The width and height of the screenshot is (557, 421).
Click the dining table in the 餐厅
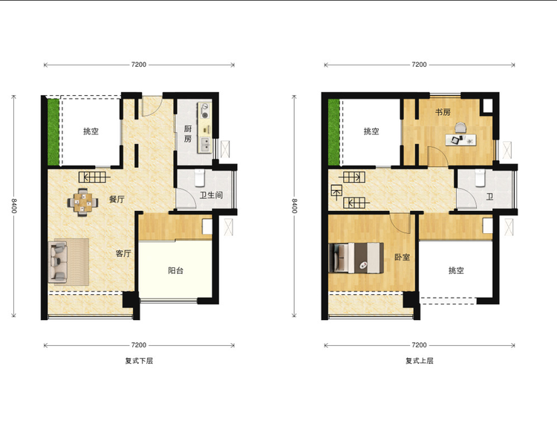(x=82, y=202)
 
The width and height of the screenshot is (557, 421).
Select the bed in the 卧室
(x=356, y=258)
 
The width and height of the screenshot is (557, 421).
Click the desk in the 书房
(x=460, y=139)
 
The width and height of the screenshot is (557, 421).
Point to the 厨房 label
(x=188, y=134)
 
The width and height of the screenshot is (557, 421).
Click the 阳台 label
(x=175, y=270)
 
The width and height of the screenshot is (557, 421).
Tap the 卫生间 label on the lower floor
(x=211, y=195)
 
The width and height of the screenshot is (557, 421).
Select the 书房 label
(x=443, y=112)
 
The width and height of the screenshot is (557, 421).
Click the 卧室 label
(x=402, y=257)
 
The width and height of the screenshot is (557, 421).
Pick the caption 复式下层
(x=139, y=361)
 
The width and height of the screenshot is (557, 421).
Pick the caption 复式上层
(x=420, y=361)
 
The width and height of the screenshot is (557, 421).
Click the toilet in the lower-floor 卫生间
(x=200, y=178)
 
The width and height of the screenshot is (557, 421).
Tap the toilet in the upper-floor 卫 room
(x=481, y=178)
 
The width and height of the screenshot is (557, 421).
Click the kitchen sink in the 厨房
(x=205, y=144)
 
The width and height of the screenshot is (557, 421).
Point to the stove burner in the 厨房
(x=205, y=115)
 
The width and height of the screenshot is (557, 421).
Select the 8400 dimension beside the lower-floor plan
(x=14, y=206)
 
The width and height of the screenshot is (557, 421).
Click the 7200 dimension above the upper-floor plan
(x=419, y=65)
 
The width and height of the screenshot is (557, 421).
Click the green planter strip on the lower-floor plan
(x=53, y=132)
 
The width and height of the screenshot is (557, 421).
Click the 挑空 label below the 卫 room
(x=456, y=270)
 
